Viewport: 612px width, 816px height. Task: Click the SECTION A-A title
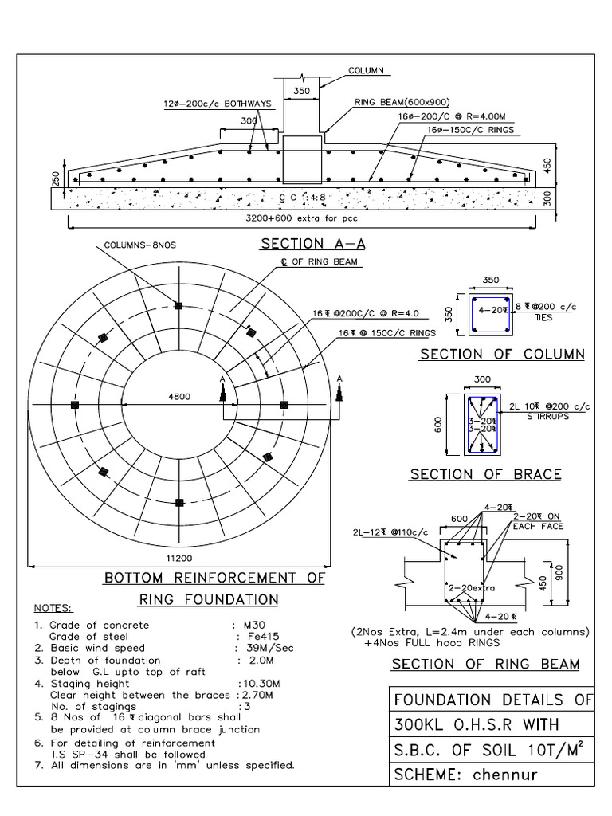[x=304, y=244]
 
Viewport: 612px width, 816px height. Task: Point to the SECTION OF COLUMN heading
[x=502, y=354]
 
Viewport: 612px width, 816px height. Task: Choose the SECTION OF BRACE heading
[x=485, y=474]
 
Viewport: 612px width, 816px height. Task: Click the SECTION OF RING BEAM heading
[x=486, y=665]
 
